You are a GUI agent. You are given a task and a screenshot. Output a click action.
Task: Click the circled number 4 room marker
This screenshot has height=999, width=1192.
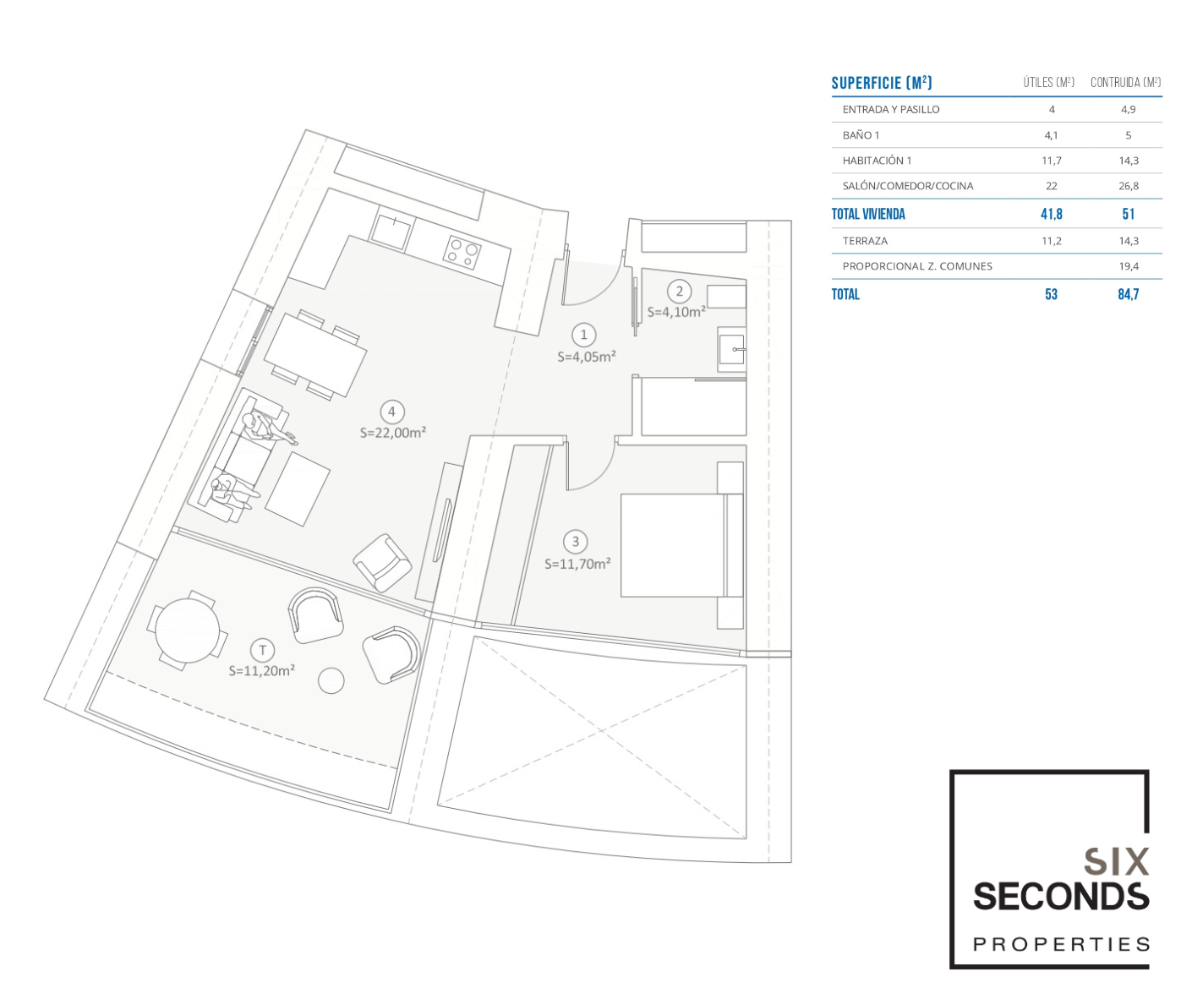391,412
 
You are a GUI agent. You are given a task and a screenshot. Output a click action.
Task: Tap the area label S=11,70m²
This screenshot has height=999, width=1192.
577,564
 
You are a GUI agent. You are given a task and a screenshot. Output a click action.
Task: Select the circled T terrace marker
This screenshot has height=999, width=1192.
263,650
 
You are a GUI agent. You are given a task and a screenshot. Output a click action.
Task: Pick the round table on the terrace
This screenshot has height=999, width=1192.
187,631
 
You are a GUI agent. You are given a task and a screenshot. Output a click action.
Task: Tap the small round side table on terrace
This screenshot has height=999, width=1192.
331,680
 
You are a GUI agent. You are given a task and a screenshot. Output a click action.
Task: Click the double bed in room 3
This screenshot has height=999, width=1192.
682,546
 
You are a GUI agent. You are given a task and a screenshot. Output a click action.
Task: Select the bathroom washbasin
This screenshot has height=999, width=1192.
732,349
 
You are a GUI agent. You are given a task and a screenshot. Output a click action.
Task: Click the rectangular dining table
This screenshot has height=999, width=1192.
314,354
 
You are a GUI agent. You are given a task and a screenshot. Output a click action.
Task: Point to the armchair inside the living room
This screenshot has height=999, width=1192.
382,563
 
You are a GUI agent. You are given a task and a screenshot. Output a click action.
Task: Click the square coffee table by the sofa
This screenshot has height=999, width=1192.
298,489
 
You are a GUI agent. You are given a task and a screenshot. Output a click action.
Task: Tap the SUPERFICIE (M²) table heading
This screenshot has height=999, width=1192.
882,84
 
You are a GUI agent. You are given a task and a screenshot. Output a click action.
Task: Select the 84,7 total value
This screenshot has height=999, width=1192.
1128,295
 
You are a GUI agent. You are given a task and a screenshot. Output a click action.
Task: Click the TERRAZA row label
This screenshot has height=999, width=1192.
865,241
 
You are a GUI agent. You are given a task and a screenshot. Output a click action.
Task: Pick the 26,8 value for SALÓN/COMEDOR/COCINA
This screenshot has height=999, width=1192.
1129,186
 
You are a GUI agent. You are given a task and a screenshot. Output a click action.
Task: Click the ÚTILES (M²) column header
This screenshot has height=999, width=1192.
1049,83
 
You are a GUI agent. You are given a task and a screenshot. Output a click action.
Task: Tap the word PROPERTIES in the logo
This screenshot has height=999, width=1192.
1061,945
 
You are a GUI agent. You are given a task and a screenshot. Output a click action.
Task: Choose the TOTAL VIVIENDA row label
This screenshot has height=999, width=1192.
868,214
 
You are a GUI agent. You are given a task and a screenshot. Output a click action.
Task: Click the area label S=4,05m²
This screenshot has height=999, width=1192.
587,357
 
